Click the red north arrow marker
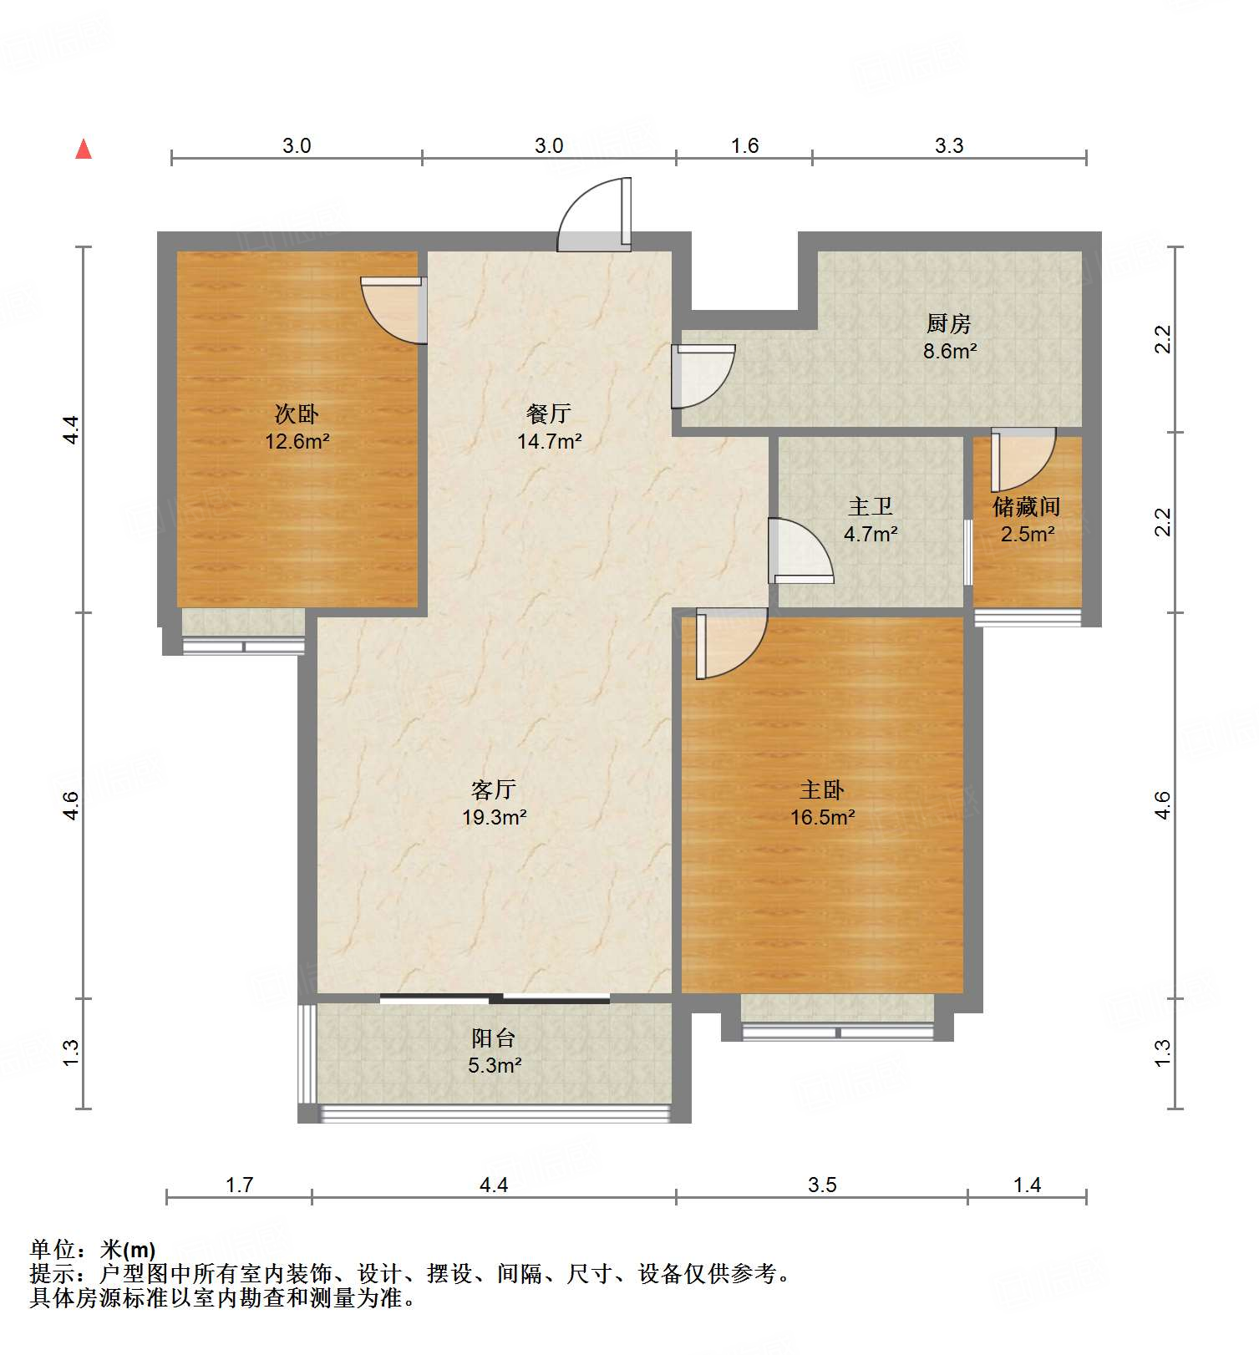tap(84, 150)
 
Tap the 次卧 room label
tap(297, 414)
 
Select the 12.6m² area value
tap(297, 441)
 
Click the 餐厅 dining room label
tap(549, 414)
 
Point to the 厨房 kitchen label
tap(949, 323)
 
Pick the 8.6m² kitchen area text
tap(950, 351)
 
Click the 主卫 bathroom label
tap(871, 506)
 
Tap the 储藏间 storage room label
tap(1027, 506)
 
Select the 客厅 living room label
tap(494, 789)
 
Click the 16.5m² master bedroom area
tap(822, 817)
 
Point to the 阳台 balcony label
tap(494, 1038)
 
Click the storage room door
tap(1021, 459)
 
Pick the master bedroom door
tap(728, 643)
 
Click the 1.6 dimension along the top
tap(744, 146)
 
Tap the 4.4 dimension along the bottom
tap(494, 1185)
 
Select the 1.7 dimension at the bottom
tap(239, 1185)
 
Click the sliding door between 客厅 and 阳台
tap(495, 997)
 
